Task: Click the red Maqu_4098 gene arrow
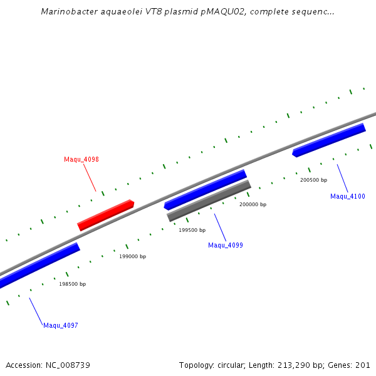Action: click(x=105, y=215)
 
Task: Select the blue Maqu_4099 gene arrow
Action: click(x=205, y=189)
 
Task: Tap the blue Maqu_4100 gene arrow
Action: click(x=329, y=140)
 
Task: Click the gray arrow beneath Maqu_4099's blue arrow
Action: click(x=209, y=201)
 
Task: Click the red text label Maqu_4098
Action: click(x=81, y=159)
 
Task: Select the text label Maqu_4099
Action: click(x=226, y=245)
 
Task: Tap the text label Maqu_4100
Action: click(x=348, y=196)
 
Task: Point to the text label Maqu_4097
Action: click(x=61, y=325)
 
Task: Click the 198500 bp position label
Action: click(x=73, y=284)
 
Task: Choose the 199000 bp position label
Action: click(x=133, y=256)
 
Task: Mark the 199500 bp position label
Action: click(x=192, y=230)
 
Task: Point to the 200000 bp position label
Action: click(x=253, y=204)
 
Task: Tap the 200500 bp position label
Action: click(x=314, y=180)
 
